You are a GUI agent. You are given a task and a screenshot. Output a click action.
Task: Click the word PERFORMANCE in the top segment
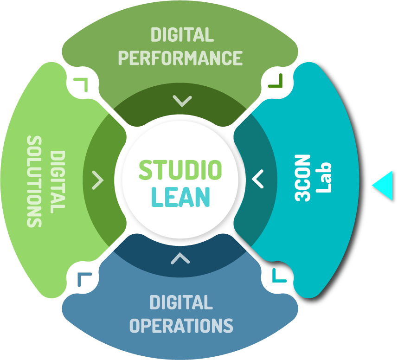pyautogui.click(x=180, y=58)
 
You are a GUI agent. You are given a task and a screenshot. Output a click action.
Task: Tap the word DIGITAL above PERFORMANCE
pyautogui.click(x=182, y=35)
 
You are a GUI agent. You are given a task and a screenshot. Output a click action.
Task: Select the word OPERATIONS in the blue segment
pyautogui.click(x=181, y=325)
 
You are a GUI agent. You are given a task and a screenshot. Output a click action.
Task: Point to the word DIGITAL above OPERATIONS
pyautogui.click(x=181, y=302)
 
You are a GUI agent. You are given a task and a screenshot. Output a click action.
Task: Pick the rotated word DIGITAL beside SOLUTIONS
pyautogui.click(x=58, y=181)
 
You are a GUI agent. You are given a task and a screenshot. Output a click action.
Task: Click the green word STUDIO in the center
pyautogui.click(x=180, y=170)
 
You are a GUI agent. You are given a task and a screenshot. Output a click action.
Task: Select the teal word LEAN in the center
pyautogui.click(x=180, y=196)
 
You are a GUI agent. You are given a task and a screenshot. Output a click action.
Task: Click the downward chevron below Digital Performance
pyautogui.click(x=181, y=100)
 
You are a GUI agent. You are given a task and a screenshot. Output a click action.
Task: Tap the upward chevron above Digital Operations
pyautogui.click(x=180, y=258)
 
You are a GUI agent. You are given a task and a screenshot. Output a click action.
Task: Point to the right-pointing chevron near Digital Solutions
pyautogui.click(x=98, y=180)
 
